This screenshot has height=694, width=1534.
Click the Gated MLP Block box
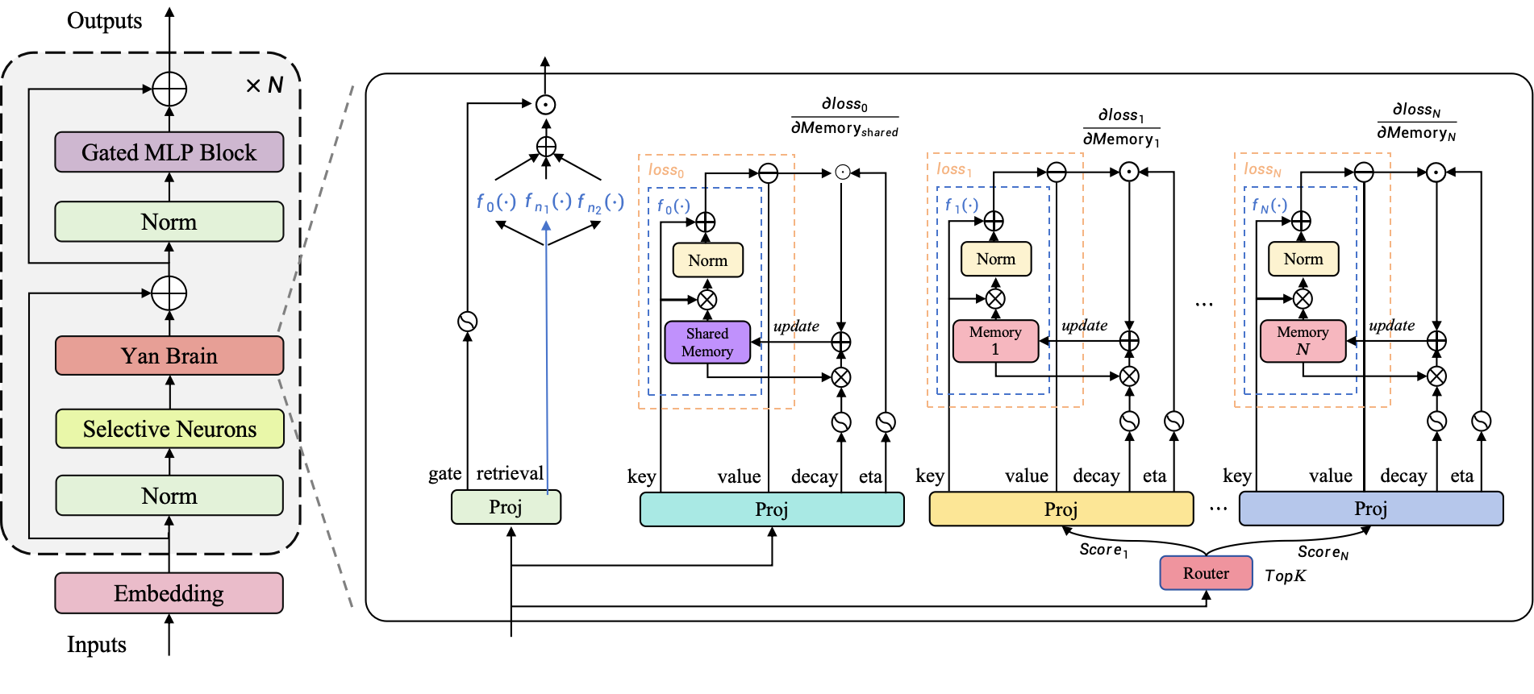(169, 152)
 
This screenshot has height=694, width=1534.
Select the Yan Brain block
(169, 355)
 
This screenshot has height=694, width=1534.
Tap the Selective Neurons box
(169, 429)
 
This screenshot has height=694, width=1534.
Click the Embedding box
(169, 593)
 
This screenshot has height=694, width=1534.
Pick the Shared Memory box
(707, 343)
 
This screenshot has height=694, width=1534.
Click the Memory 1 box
(995, 341)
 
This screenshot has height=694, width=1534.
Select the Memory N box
(1303, 341)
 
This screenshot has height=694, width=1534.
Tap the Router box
(1206, 573)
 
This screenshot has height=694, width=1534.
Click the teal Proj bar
(772, 509)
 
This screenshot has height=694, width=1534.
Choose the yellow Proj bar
(1061, 509)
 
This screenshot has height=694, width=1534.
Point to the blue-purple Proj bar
(1370, 509)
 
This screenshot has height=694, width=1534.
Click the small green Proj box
(506, 507)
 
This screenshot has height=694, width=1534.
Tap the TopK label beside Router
(1285, 576)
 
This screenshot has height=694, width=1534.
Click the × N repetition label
(265, 85)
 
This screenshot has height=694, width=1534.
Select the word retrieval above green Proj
(510, 473)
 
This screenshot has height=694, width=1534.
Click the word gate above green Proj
(444, 474)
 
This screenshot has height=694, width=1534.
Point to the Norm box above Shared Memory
(707, 260)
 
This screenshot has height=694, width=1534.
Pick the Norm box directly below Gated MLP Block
(169, 222)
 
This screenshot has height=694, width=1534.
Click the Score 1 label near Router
(1103, 550)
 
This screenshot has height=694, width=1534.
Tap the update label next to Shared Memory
(796, 326)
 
